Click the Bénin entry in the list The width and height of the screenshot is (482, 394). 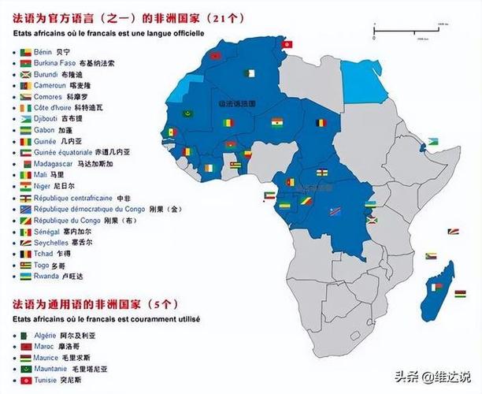coord(49,51)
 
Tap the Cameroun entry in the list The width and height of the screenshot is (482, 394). coord(58,85)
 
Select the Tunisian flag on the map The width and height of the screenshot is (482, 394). coord(287,44)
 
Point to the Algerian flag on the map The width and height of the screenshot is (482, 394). coord(250,73)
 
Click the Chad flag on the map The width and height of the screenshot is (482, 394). coord(320,124)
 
